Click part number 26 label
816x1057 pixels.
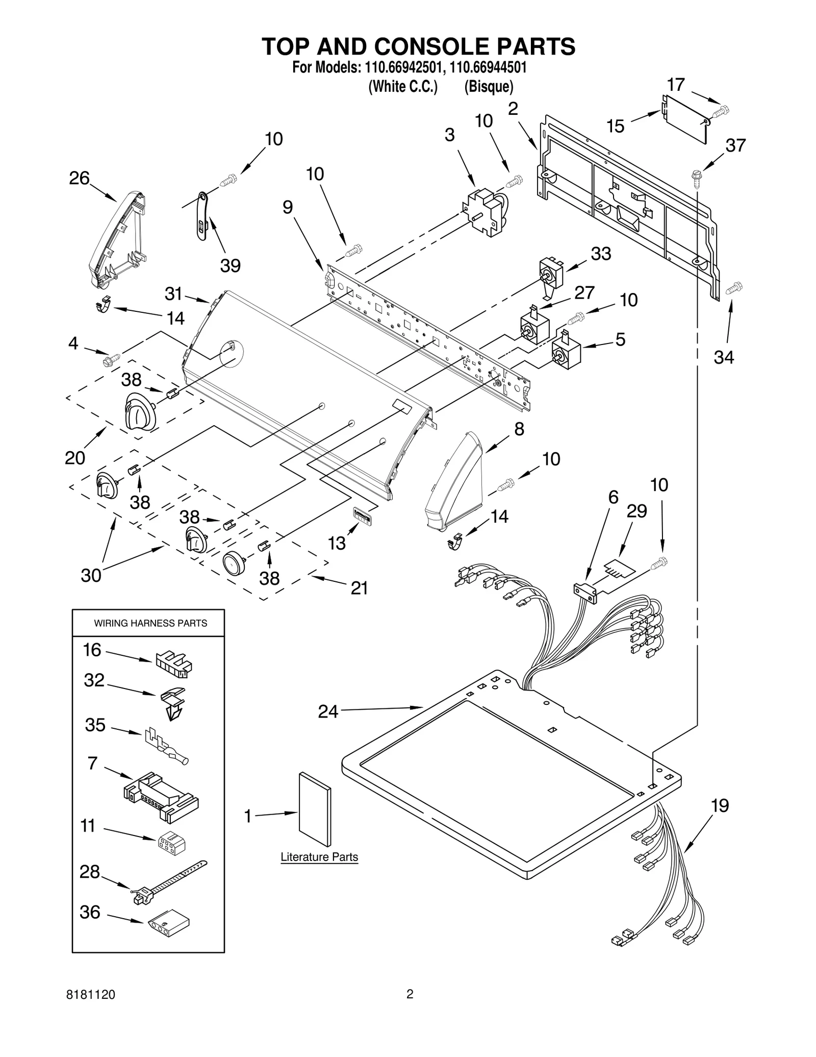(79, 178)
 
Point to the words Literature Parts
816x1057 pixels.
(319, 857)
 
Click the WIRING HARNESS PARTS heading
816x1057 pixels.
(150, 623)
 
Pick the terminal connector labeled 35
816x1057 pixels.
(166, 746)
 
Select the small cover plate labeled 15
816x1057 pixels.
(684, 118)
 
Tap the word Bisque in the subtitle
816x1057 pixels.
(488, 87)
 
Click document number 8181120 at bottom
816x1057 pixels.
(91, 994)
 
